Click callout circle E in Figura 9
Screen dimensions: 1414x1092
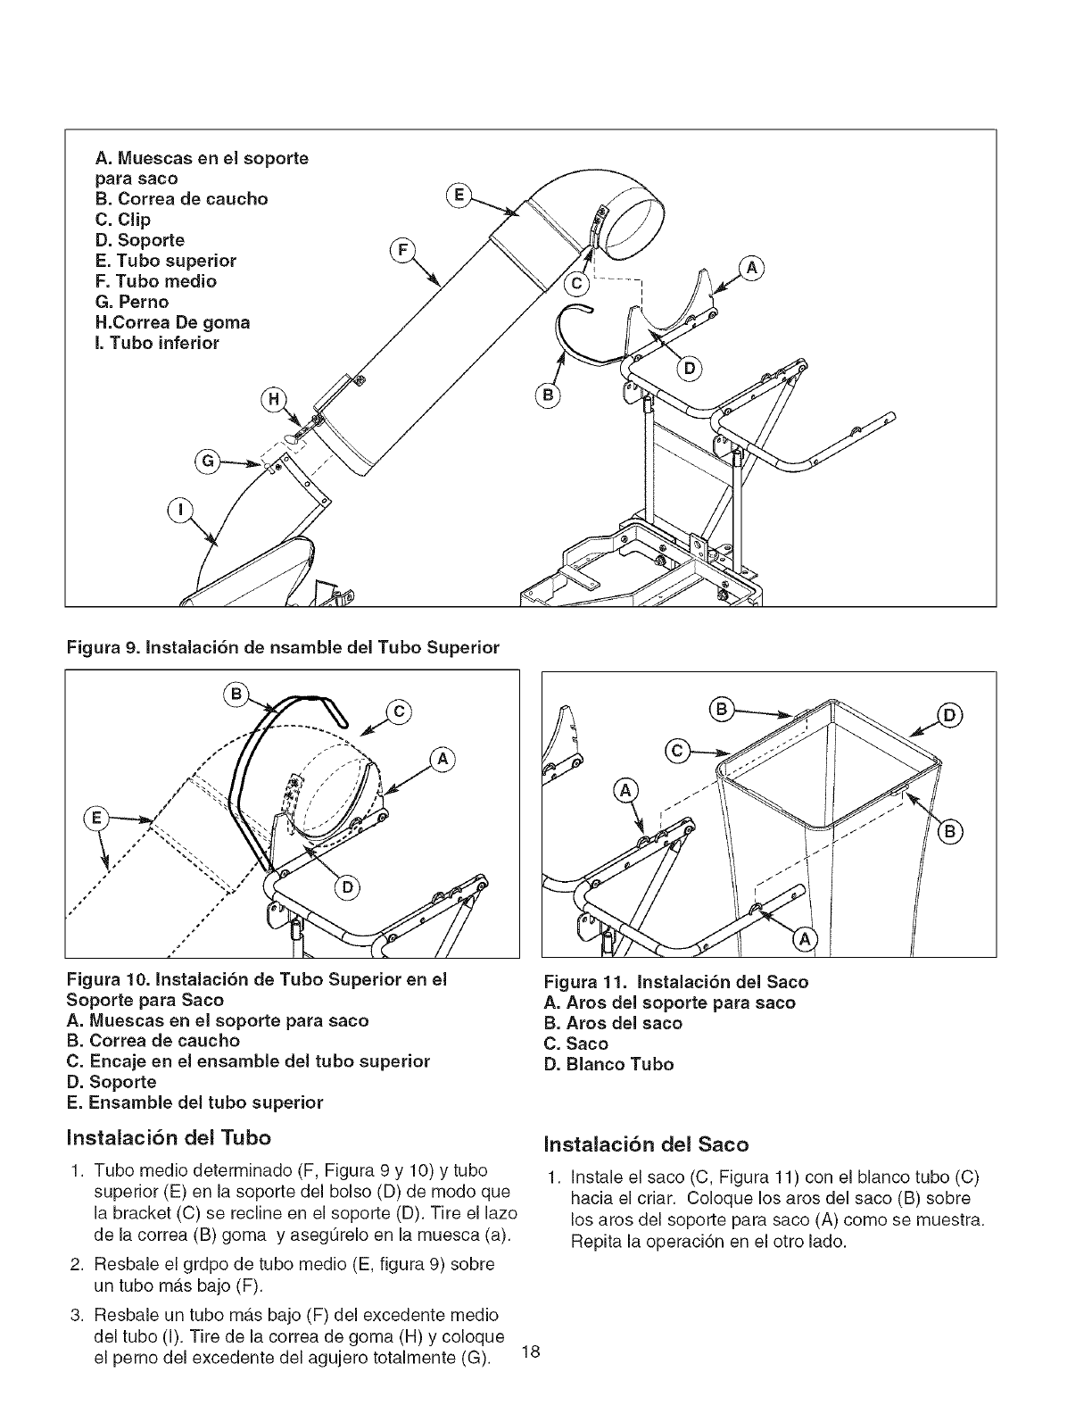458,195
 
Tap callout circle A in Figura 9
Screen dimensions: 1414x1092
753,267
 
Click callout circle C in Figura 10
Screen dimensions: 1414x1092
399,711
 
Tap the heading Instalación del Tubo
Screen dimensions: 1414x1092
170,1138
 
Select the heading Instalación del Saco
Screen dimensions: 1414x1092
647,1144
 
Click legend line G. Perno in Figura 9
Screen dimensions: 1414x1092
132,302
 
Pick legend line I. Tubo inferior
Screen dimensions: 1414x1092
157,343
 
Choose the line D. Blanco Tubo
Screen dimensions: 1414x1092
608,1064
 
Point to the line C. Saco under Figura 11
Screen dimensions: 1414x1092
576,1044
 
